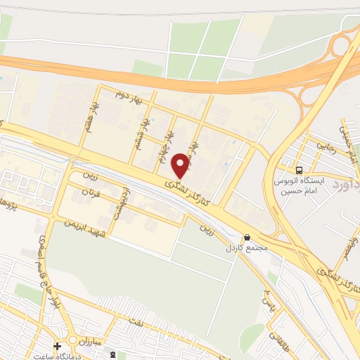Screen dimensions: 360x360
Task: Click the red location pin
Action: point(181,165)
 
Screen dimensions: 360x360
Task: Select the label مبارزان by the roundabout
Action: point(89,341)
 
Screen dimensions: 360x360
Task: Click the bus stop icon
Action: point(300,169)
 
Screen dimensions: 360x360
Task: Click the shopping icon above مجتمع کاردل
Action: point(246,237)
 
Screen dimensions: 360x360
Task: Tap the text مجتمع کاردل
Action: point(242,249)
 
